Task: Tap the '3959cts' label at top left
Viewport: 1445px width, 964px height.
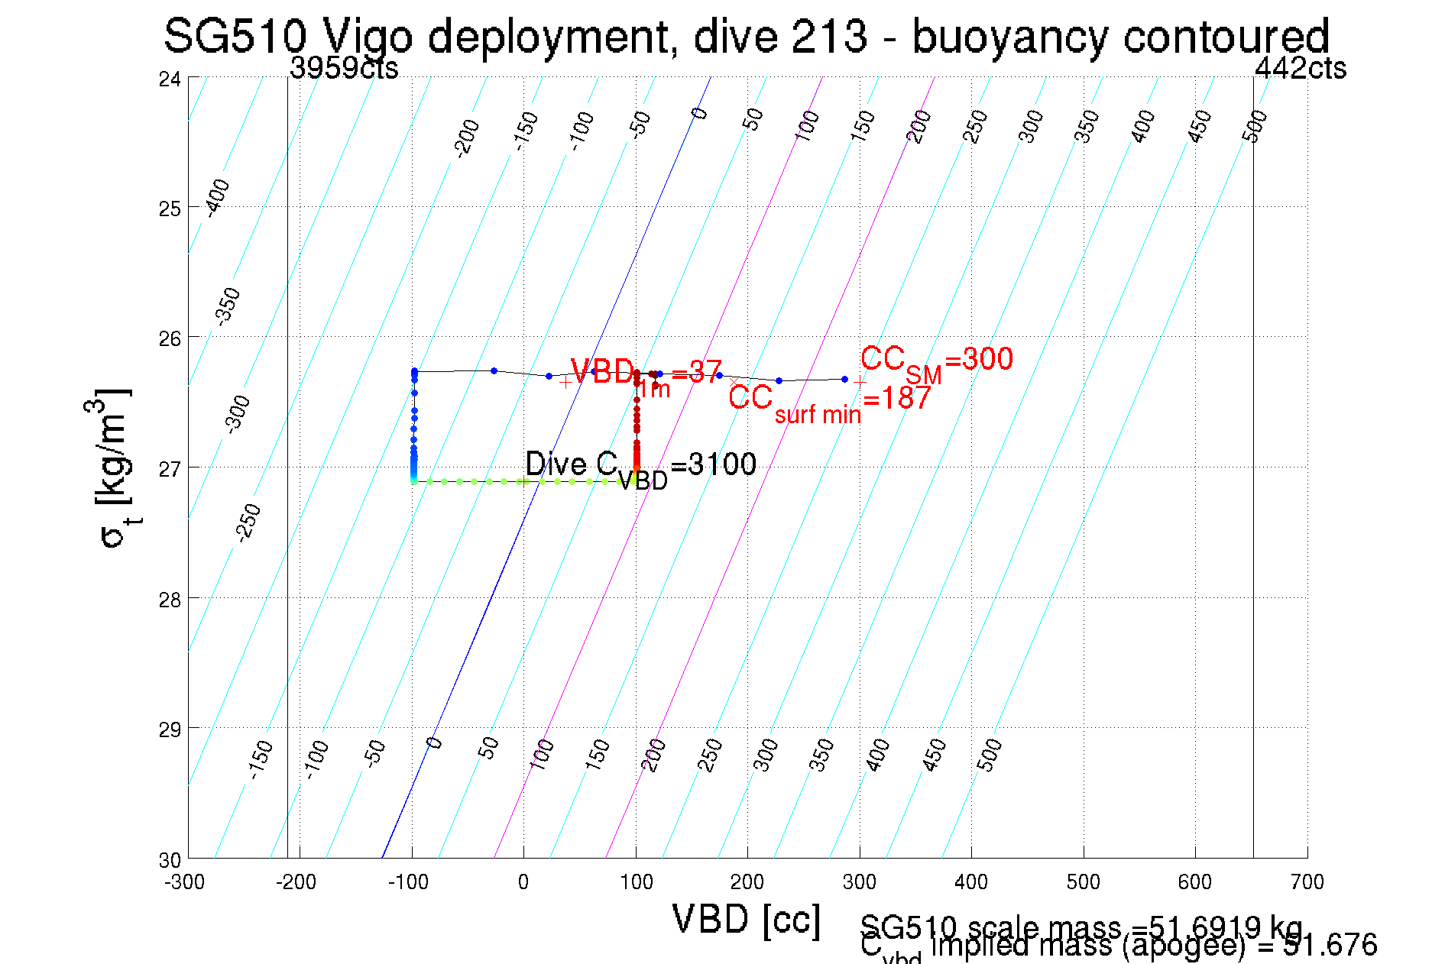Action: tap(344, 69)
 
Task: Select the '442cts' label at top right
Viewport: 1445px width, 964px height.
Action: tap(1301, 69)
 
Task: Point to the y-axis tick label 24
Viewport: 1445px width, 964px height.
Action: tap(170, 79)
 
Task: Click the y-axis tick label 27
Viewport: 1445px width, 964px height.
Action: tap(170, 468)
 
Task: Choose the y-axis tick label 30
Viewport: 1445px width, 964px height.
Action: tap(170, 860)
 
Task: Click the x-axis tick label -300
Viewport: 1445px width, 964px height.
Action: tap(185, 882)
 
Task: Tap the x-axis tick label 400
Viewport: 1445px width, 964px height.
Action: tap(971, 882)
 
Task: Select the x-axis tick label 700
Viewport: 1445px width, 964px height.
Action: tap(1307, 882)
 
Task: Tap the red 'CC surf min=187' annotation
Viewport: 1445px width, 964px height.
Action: tap(829, 400)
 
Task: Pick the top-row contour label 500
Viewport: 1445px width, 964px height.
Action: tap(1255, 125)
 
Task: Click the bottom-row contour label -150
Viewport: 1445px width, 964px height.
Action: tap(261, 759)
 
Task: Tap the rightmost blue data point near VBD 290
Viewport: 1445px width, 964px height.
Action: tap(844, 379)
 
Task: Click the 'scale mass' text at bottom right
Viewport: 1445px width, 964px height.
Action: tap(1081, 927)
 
